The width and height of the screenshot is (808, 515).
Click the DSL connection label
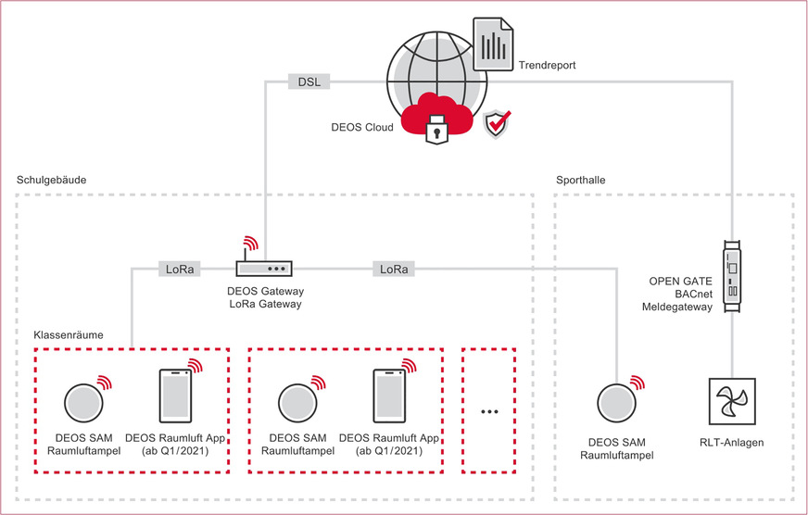(x=308, y=82)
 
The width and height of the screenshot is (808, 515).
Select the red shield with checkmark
(x=499, y=122)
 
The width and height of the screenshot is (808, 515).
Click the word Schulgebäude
(x=52, y=180)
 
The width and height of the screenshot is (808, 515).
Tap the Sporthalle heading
(x=581, y=180)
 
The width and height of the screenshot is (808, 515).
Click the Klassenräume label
(x=68, y=333)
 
